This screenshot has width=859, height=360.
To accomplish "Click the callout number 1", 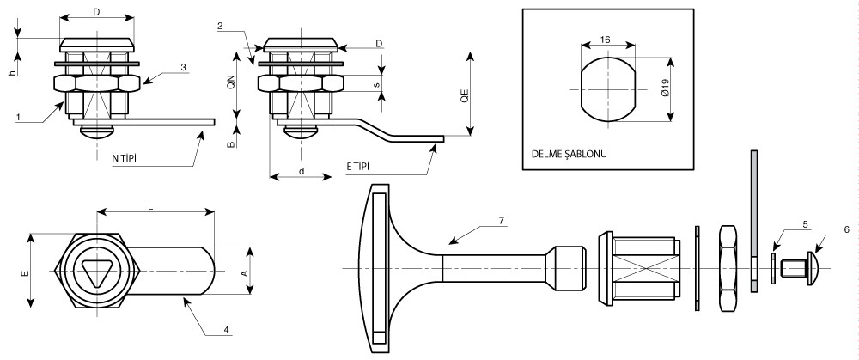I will [x=17, y=116].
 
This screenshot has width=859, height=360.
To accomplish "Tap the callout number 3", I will [x=182, y=66].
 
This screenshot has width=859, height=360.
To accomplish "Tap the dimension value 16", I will [x=606, y=40].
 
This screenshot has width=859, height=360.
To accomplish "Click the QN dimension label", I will [x=230, y=83].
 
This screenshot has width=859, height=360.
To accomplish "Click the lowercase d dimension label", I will [x=302, y=170].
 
